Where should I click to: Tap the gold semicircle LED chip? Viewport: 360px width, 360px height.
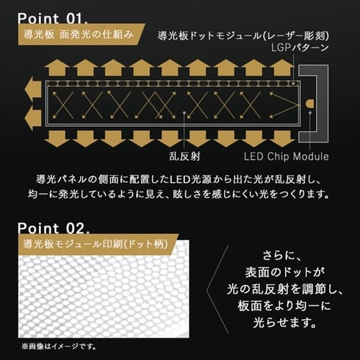310,104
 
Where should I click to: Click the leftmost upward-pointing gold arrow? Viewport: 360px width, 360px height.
57,68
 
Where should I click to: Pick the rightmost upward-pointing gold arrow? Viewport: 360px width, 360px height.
282,68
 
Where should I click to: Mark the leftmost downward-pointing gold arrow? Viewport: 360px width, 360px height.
57,138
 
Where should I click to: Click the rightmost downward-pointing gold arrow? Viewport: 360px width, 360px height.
282,138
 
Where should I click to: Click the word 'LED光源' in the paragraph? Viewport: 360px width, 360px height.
186,178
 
